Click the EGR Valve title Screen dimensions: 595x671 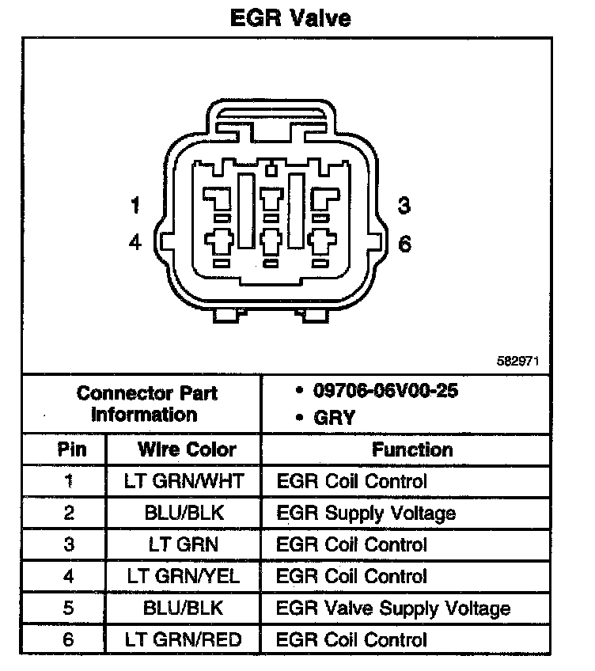pos(290,17)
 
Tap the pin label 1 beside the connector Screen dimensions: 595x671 pos(135,207)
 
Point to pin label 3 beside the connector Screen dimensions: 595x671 pos(404,207)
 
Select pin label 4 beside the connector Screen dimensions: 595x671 pos(135,243)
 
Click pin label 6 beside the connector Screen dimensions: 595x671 pos(404,244)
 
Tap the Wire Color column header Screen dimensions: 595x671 pos(187,449)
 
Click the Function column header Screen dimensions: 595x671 pos(412,449)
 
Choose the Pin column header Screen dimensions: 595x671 pos(68,449)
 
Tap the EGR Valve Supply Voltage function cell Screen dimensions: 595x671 pos(393,608)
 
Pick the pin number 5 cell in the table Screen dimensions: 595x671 pos(68,608)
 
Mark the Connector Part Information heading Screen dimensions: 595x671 pos(147,404)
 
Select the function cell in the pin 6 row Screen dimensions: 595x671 pos(352,639)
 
